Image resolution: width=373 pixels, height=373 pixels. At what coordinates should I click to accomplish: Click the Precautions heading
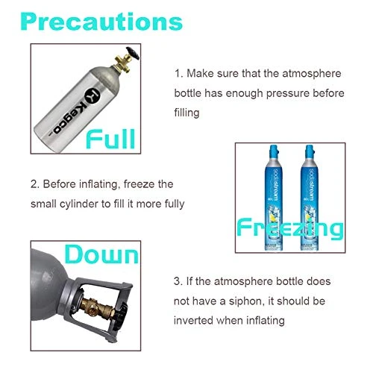pyautogui.click(x=101, y=22)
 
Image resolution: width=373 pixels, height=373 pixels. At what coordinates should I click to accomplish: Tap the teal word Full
pyautogui.click(x=110, y=139)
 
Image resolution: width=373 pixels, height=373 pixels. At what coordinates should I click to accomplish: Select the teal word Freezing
pyautogui.click(x=290, y=228)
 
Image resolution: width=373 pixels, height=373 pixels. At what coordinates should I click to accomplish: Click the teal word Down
pyautogui.click(x=101, y=254)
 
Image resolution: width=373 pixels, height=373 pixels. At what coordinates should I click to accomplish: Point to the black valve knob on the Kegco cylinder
pyautogui.click(x=132, y=53)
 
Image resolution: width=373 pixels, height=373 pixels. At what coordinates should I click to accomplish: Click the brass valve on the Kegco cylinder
pyautogui.click(x=122, y=63)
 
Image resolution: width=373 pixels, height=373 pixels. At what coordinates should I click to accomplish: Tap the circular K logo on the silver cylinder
pyautogui.click(x=93, y=95)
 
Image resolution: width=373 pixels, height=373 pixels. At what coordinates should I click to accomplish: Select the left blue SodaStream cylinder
pyautogui.click(x=274, y=198)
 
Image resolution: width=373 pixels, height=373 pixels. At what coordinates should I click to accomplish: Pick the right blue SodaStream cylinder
pyautogui.click(x=310, y=198)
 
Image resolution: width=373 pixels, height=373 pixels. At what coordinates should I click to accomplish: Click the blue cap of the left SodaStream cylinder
pyautogui.click(x=274, y=151)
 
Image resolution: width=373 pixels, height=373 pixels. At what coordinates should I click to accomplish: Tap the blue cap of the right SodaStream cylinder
pyautogui.click(x=310, y=151)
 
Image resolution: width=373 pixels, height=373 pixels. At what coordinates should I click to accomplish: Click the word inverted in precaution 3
pyautogui.click(x=193, y=320)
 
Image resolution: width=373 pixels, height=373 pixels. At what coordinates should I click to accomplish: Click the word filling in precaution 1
pyautogui.click(x=186, y=113)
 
